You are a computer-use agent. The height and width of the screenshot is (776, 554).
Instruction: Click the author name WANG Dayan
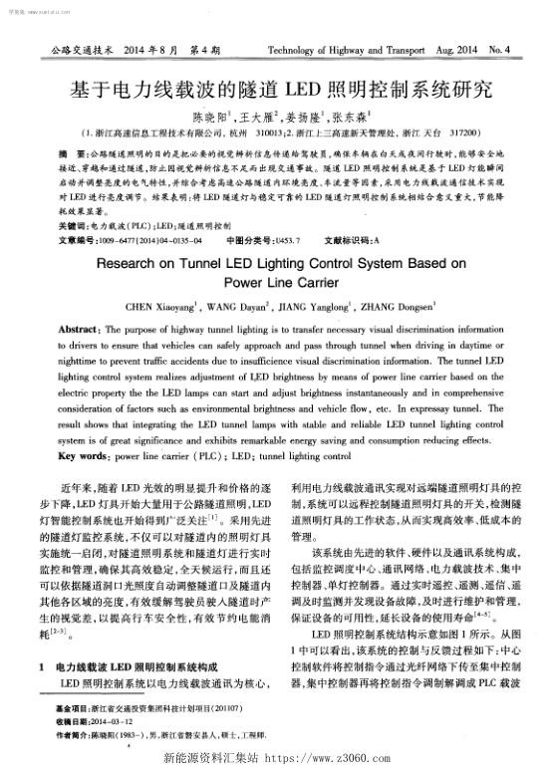click(x=239, y=307)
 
